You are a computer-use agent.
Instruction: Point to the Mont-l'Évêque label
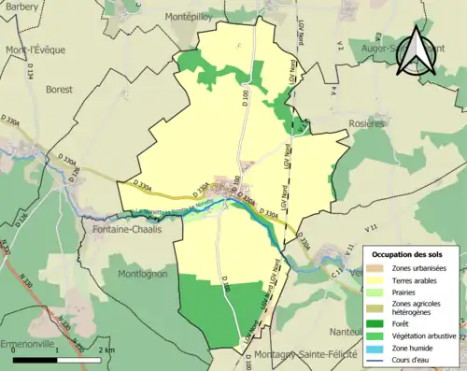click(x=28, y=50)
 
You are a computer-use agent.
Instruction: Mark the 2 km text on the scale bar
click(x=106, y=350)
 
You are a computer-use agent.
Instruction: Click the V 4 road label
click(x=332, y=91)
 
